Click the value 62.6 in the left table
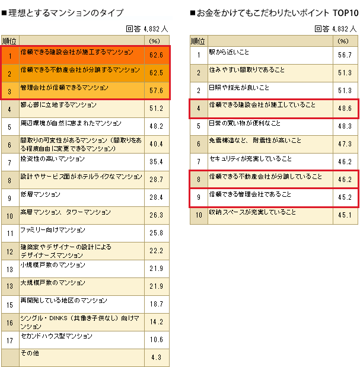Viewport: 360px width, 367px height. click(x=157, y=56)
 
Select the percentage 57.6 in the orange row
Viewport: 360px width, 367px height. click(x=157, y=91)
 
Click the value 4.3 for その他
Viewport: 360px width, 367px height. click(x=157, y=357)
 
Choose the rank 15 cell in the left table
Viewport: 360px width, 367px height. click(x=9, y=304)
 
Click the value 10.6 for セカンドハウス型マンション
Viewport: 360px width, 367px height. click(x=157, y=340)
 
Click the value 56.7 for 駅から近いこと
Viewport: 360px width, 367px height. click(x=344, y=55)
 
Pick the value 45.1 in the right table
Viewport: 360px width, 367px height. click(x=344, y=215)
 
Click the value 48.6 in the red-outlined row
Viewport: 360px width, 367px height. click(x=344, y=109)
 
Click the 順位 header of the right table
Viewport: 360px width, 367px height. click(x=197, y=41)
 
